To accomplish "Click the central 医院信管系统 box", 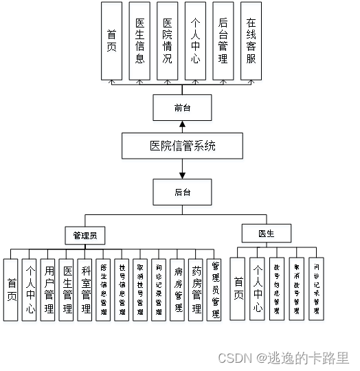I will [x=182, y=146].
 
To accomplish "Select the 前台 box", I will [x=182, y=108].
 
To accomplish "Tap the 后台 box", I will [x=182, y=192].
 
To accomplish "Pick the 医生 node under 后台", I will [x=266, y=234].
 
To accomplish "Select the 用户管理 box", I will [x=47, y=289].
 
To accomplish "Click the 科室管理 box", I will [x=85, y=289].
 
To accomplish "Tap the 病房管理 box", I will [x=177, y=289].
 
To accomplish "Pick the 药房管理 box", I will [x=196, y=289].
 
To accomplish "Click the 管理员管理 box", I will [x=214, y=289].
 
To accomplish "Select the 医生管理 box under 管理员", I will [x=66, y=289].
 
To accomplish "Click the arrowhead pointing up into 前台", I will [x=182, y=124].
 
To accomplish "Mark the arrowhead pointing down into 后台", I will [x=182, y=175].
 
